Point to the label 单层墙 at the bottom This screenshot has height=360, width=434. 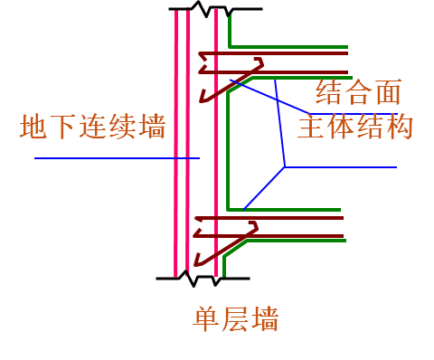click(235, 318)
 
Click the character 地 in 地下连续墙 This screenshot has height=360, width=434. click(34, 126)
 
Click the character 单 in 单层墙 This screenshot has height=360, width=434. click(206, 318)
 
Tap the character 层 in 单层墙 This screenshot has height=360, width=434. click(235, 318)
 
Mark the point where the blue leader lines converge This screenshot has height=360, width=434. click(286, 167)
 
